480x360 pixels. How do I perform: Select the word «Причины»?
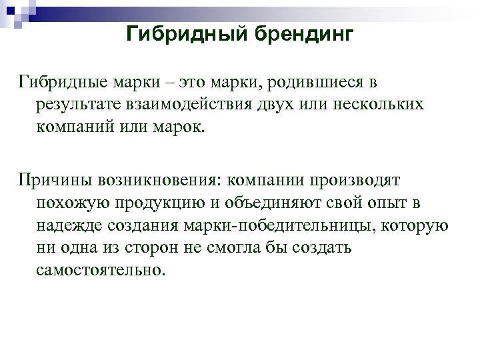point(51,181)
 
